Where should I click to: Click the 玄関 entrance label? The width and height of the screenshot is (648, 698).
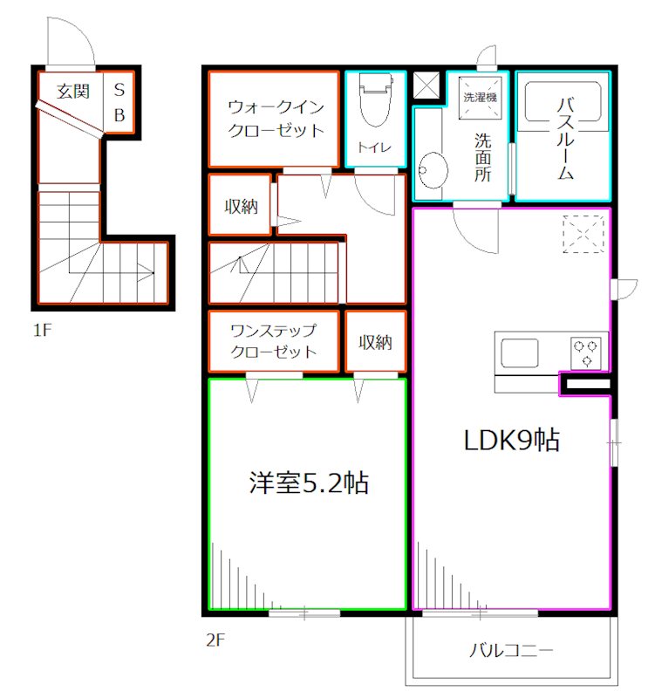[73, 92]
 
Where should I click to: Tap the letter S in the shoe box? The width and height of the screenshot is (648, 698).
[119, 90]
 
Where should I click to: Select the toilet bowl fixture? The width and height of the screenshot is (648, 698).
[376, 99]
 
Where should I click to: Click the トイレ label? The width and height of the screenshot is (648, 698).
[374, 147]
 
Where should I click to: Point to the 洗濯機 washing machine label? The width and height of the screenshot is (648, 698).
[481, 97]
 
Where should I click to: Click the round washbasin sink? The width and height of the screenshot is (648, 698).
[432, 170]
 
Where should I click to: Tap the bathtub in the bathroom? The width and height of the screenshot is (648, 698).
[563, 101]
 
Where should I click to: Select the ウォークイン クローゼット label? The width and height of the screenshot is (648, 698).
[276, 119]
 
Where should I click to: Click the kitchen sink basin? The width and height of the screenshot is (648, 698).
[520, 353]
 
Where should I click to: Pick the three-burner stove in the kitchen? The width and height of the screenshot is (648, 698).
[585, 352]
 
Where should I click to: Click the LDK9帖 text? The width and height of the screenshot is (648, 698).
[512, 441]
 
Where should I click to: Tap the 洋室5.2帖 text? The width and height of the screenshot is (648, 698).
[309, 482]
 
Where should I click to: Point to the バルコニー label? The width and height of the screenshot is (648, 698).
[511, 651]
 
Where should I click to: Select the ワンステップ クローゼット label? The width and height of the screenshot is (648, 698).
[274, 341]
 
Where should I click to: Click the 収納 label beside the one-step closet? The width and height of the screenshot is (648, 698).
[376, 342]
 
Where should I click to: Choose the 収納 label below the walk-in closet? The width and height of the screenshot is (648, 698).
[242, 207]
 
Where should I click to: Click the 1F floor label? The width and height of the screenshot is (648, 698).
[43, 331]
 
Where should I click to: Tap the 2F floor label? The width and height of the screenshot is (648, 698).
[215, 640]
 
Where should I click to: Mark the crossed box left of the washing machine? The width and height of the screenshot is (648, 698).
[426, 85]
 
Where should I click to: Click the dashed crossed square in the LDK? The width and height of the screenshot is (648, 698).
[583, 234]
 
